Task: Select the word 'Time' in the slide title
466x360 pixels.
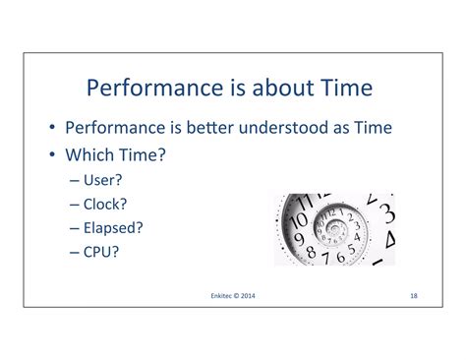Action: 343,89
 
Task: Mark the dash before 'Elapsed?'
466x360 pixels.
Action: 76,227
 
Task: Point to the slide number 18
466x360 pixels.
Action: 414,294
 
